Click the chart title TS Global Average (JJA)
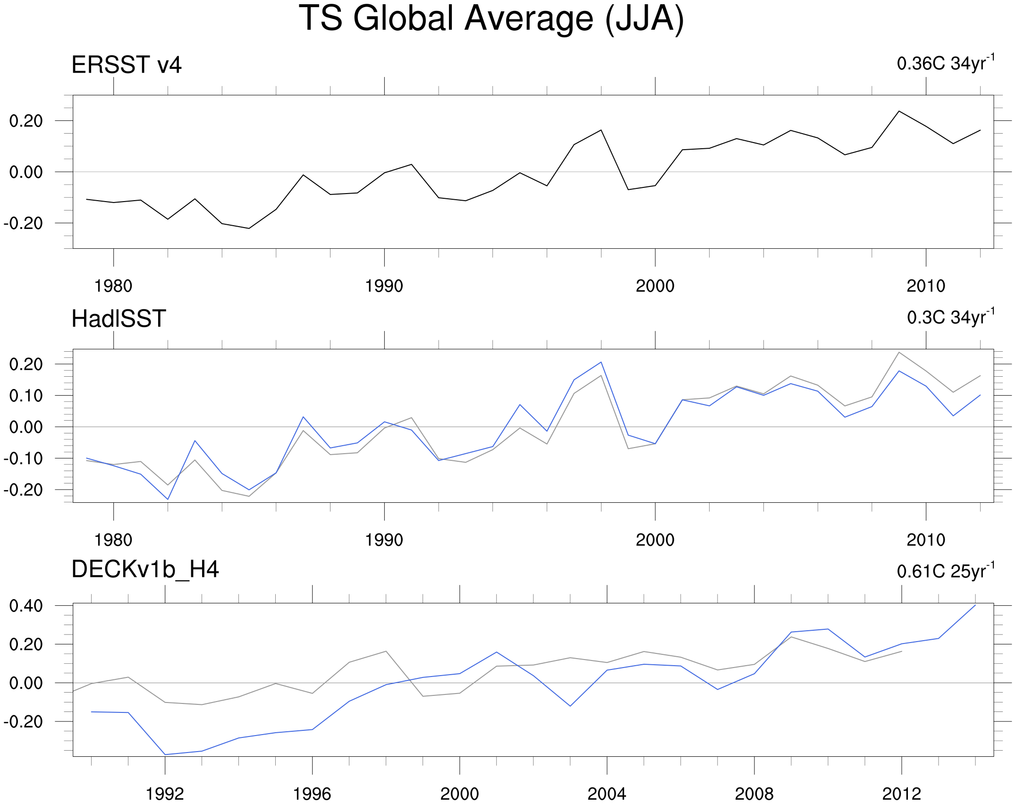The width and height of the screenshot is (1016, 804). pos(491,19)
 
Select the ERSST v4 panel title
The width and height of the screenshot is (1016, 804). pos(127,65)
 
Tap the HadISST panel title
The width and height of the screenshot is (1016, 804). pos(119,319)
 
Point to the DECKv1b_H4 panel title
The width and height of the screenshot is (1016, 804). pos(145,569)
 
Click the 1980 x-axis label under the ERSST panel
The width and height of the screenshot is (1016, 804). pos(113,286)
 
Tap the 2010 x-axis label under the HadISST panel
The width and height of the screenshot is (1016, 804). pos(926,540)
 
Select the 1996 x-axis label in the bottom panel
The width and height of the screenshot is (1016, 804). pos(312,794)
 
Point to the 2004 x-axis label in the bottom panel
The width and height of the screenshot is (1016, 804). pos(607,794)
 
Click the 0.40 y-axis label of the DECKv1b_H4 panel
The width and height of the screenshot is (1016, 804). pos(26,606)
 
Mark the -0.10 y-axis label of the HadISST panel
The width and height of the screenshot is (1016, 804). pos(23,458)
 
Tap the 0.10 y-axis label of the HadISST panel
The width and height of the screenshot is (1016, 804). pos(26,396)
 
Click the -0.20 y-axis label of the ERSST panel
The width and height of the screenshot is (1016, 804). pos(23,223)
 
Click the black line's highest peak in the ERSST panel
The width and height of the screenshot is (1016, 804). pos(899,111)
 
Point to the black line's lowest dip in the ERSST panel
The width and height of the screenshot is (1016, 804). pos(249,229)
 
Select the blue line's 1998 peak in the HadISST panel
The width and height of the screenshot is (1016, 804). pos(601,362)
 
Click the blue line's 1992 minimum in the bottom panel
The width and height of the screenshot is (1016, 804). pos(165,754)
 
